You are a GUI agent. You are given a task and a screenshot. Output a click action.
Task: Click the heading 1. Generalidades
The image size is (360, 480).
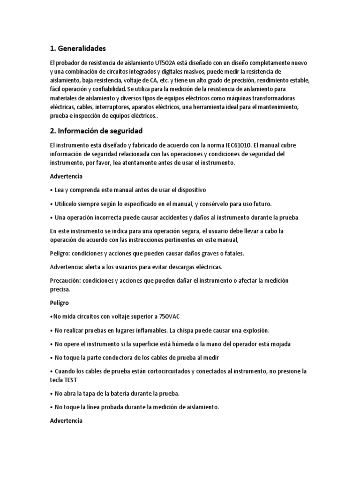pos(78,48)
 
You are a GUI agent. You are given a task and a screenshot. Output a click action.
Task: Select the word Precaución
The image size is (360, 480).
pos(66,280)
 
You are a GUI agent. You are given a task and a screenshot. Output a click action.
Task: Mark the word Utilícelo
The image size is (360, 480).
pos(67,204)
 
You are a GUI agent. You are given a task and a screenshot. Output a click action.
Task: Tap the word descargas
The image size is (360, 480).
pos(171,267)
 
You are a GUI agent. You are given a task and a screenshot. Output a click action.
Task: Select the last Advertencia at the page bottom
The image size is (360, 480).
pos(66,421)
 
